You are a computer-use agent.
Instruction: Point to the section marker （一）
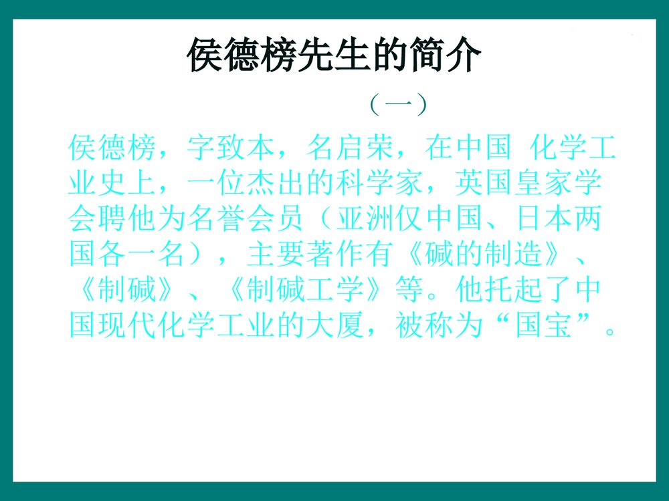tap(398, 105)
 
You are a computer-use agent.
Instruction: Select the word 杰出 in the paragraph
tap(276, 183)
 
